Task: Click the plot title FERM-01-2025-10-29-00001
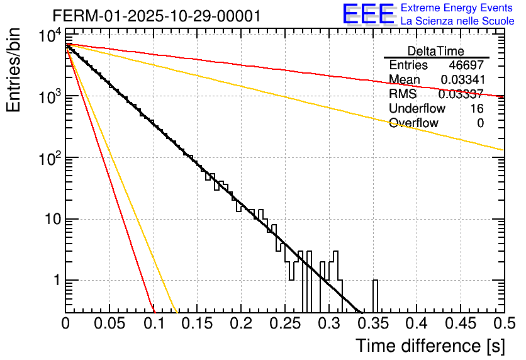point(157,16)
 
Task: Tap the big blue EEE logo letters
point(368,14)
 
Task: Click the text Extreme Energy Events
point(457,8)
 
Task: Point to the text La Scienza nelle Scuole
point(457,21)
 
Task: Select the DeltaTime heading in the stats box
point(436,51)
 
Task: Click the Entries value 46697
point(466,65)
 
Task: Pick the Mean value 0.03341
point(462,80)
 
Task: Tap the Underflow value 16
point(476,109)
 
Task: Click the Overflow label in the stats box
point(413,123)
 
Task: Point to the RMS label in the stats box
point(402,94)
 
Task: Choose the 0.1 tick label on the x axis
point(154,324)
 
